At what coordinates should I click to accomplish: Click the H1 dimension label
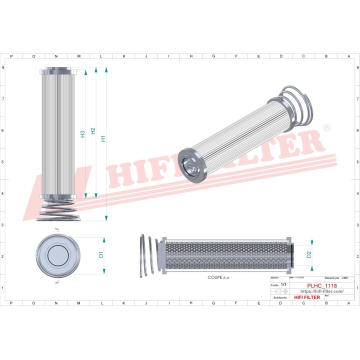coord(103,138)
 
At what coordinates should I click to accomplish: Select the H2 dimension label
coord(93,131)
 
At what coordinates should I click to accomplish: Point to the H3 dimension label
coord(82,134)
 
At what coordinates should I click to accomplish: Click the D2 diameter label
coord(308,254)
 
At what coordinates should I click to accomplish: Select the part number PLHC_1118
coord(321,286)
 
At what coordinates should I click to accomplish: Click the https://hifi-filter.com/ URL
coord(321,291)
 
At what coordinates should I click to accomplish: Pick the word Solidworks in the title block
coord(279,297)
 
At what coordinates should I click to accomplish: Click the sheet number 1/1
coord(283,284)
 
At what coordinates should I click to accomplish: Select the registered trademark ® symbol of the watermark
coord(327,128)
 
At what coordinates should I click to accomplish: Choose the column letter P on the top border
coord(11,56)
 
